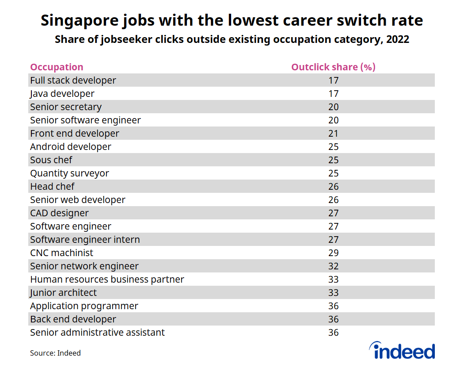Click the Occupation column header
click(x=57, y=67)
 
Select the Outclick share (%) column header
click(x=333, y=67)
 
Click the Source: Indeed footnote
click(x=55, y=353)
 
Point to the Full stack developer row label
click(x=73, y=80)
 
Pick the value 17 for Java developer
click(x=333, y=94)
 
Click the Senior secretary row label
click(x=66, y=107)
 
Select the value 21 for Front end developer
click(x=333, y=134)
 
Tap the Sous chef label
click(x=51, y=160)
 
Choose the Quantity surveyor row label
click(x=69, y=173)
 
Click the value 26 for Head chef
click(x=333, y=187)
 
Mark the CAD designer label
click(x=59, y=213)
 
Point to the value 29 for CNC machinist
click(x=333, y=253)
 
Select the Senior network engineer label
click(x=84, y=266)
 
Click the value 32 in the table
click(x=333, y=266)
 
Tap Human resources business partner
click(x=107, y=280)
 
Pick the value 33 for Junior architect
click(x=333, y=293)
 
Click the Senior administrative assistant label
click(x=97, y=333)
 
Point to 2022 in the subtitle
click(x=397, y=40)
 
